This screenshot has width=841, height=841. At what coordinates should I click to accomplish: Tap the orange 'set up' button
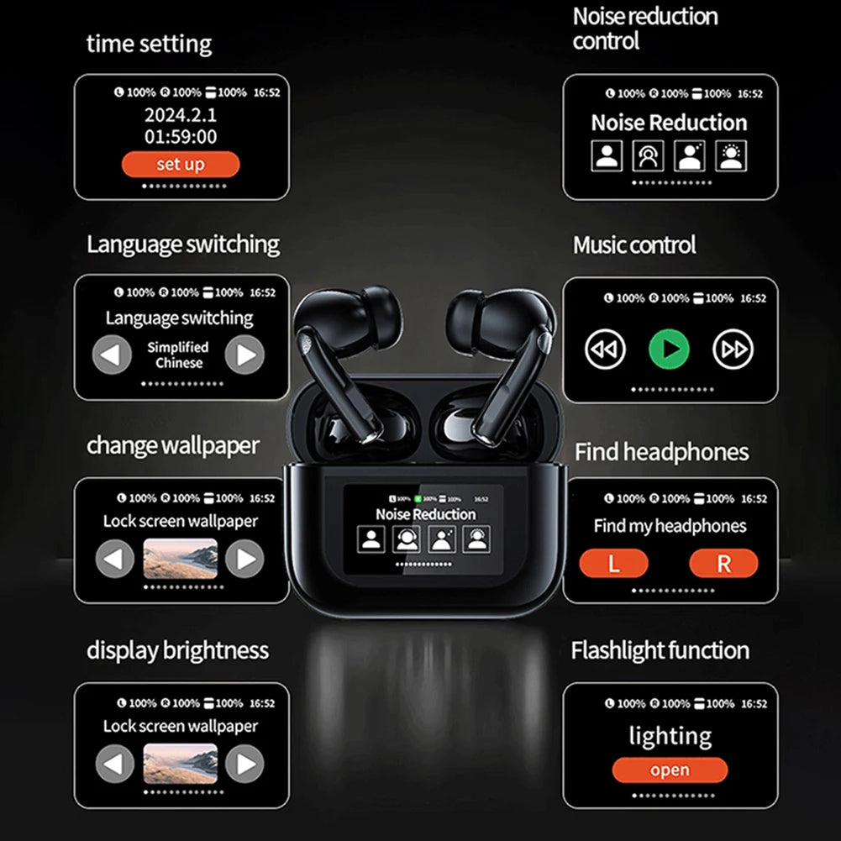click(181, 164)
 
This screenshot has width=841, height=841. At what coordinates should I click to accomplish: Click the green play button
click(669, 350)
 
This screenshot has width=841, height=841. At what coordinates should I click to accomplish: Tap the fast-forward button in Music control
click(733, 350)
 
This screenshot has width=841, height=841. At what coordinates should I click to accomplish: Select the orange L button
click(613, 563)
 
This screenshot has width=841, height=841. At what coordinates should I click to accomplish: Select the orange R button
click(723, 563)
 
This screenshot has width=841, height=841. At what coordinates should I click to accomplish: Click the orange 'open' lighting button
click(670, 770)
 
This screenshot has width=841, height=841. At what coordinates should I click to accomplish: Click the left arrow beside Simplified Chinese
click(112, 355)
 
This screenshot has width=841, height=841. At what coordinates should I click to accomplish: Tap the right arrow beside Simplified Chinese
click(244, 355)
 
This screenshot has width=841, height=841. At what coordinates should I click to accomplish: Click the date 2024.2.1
click(180, 115)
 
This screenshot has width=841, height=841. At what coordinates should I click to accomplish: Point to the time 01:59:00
click(180, 137)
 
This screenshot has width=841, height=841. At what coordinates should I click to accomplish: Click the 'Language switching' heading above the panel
click(183, 244)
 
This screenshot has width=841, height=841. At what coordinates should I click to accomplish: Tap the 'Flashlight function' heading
click(660, 650)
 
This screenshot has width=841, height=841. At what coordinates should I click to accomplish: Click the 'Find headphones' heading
click(662, 452)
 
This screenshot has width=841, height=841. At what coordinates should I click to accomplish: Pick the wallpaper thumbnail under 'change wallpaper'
click(180, 559)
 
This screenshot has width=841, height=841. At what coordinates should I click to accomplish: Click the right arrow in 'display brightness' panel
click(244, 764)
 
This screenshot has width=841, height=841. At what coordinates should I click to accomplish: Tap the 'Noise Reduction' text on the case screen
click(425, 514)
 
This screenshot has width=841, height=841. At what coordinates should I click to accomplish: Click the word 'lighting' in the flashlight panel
click(670, 736)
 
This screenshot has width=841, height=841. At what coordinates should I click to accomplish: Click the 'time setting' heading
click(149, 44)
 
